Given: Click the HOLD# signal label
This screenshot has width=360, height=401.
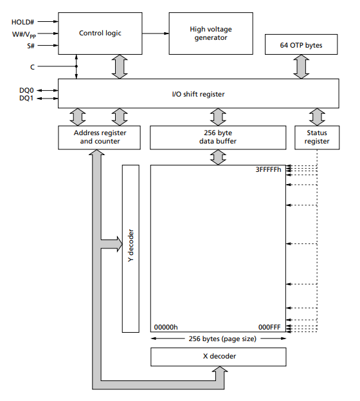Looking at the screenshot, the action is [22, 22].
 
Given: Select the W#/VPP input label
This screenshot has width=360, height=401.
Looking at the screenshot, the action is [24, 35].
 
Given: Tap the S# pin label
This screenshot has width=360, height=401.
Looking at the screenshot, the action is [31, 46].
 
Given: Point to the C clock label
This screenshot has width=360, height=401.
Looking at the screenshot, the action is [32, 67].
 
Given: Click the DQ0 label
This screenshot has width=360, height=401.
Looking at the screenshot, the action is [26, 90].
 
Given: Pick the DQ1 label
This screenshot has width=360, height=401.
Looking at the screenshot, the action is [26, 98].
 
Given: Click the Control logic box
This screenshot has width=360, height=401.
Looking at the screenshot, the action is [100, 33].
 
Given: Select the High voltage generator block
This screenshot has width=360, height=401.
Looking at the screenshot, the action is [211, 33].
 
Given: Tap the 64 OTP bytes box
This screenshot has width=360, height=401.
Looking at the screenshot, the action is [301, 44].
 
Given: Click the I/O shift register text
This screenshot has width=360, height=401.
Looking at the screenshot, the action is [198, 94].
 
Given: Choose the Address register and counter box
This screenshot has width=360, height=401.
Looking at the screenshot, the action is [99, 137].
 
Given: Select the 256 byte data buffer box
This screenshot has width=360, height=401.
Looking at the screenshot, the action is [218, 137].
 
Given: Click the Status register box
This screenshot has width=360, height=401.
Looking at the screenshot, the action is [317, 137].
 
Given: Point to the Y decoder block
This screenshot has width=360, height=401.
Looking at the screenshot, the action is [130, 248].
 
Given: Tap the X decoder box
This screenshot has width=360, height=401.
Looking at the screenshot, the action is [218, 357].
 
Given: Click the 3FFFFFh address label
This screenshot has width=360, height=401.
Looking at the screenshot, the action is [268, 169].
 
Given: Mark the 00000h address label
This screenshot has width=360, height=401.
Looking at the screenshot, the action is [166, 327].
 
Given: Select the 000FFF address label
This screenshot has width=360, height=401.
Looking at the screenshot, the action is [269, 327].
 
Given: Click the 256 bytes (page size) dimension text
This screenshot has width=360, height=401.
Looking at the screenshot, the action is [222, 339].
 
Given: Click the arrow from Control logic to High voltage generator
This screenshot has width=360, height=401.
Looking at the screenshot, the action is [156, 33].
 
